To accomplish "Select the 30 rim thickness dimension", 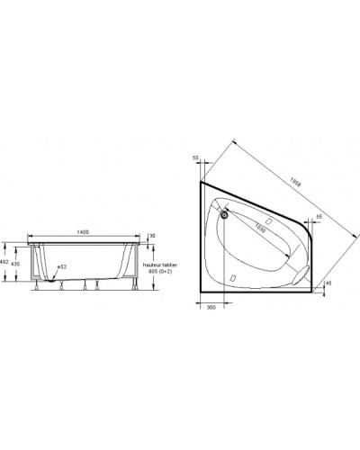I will (x=153, y=236).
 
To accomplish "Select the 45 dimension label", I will (x=328, y=283).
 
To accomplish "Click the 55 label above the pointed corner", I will (x=195, y=157).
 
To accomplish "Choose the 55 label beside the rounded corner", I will (x=319, y=218).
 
